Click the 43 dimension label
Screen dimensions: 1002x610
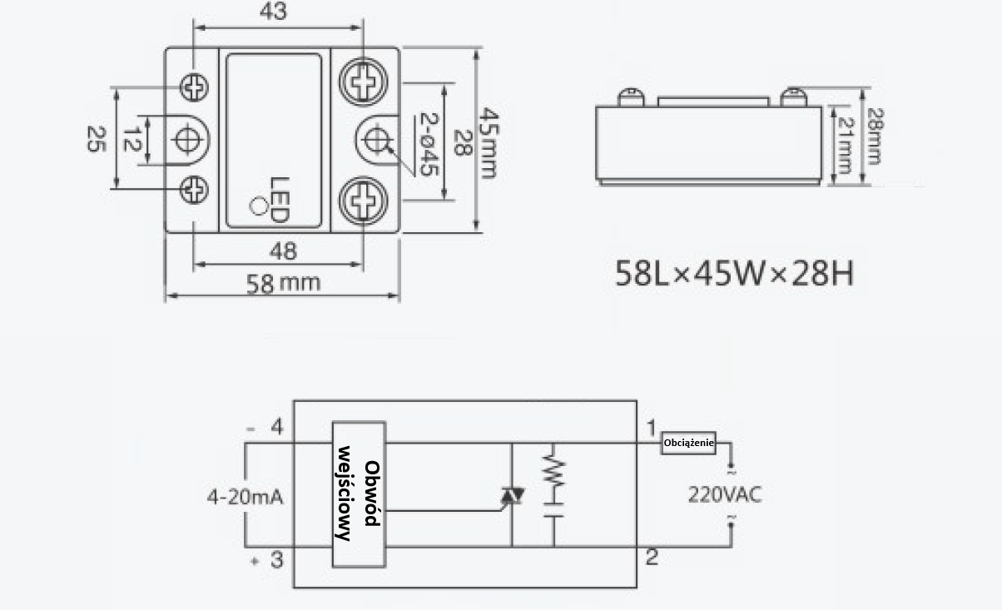click(273, 11)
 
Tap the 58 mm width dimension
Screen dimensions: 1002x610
click(284, 283)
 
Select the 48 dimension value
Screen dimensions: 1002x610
click(283, 251)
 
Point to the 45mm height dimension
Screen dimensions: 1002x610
click(489, 142)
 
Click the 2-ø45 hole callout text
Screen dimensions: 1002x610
click(429, 145)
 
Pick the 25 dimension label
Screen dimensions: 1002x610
click(96, 139)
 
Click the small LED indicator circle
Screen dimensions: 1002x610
click(259, 206)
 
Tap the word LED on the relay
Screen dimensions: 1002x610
click(280, 200)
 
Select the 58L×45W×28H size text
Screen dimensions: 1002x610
click(734, 273)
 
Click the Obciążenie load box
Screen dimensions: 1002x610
click(688, 443)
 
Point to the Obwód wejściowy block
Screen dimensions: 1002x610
click(360, 494)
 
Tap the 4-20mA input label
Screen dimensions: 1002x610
click(246, 497)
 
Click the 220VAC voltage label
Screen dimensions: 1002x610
click(725, 494)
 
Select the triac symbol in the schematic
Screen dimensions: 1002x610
click(512, 495)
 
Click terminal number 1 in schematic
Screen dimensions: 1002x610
click(652, 428)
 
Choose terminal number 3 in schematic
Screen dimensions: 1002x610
click(277, 560)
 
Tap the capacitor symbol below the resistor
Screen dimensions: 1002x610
click(553, 510)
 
